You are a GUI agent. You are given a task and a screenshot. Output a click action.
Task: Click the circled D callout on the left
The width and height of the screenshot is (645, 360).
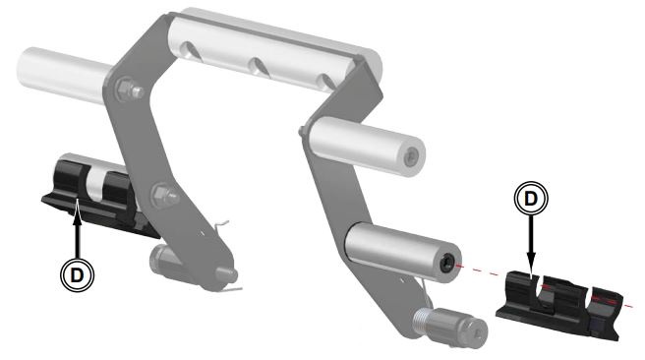(x=78, y=274)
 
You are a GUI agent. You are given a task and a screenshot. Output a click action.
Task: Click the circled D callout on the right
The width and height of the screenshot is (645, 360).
(x=531, y=199)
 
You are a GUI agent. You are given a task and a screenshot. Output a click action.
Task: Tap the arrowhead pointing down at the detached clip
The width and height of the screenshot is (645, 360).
(x=531, y=260)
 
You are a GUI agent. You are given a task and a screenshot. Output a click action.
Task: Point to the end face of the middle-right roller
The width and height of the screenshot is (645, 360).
(x=411, y=156)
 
